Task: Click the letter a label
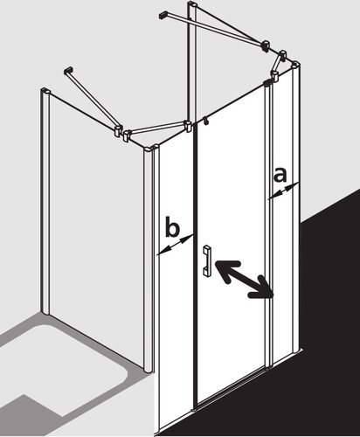(x=280, y=176)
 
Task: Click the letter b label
(x=172, y=226)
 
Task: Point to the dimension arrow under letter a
(x=283, y=191)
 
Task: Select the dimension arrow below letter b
(x=176, y=245)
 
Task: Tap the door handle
(x=207, y=260)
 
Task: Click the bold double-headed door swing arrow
(x=244, y=280)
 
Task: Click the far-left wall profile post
(x=45, y=201)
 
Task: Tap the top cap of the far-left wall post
(x=45, y=91)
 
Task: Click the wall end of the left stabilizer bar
(x=68, y=70)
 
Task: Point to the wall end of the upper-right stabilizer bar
(x=163, y=14)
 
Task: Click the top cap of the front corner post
(x=150, y=150)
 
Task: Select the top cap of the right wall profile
(x=295, y=65)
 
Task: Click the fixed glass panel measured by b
(x=176, y=277)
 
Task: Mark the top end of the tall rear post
(x=193, y=4)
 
